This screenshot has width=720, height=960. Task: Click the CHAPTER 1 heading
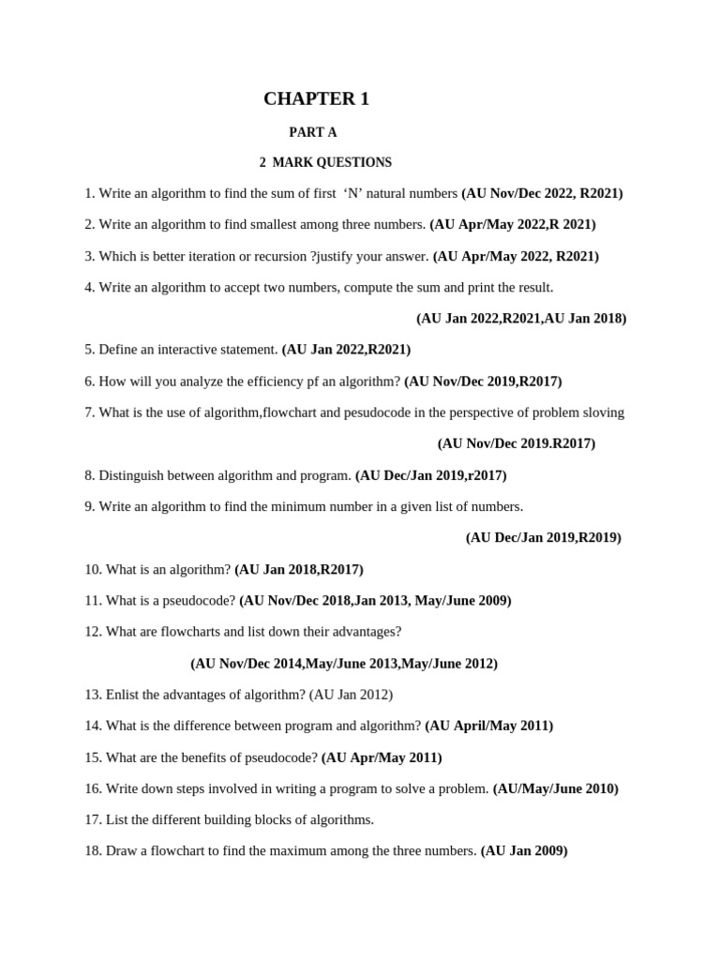pyautogui.click(x=316, y=99)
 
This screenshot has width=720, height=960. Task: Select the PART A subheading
pyautogui.click(x=312, y=133)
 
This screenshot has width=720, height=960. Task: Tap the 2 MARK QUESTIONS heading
pyautogui.click(x=325, y=163)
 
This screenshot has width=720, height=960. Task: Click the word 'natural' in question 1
pyautogui.click(x=386, y=194)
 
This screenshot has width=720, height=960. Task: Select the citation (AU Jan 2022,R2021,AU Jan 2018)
pyautogui.click(x=521, y=319)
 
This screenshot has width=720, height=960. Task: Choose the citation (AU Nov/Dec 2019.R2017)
pyautogui.click(x=516, y=443)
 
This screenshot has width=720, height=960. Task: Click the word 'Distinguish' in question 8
pyautogui.click(x=134, y=475)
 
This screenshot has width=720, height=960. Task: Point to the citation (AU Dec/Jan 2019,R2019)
pyautogui.click(x=543, y=538)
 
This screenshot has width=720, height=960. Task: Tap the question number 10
pyautogui.click(x=93, y=569)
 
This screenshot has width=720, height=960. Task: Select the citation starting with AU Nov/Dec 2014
pyautogui.click(x=344, y=664)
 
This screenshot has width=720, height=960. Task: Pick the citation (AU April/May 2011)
pyautogui.click(x=488, y=726)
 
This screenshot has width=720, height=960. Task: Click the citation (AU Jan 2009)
pyautogui.click(x=523, y=851)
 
